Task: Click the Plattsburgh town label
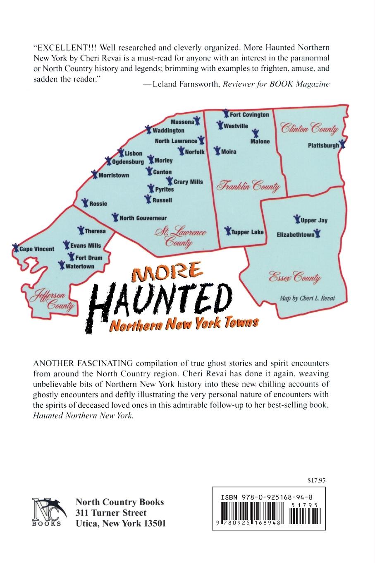(323, 145)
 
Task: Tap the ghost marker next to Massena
(197, 120)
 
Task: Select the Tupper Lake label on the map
(247, 232)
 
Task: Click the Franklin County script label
(248, 187)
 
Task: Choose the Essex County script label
(295, 277)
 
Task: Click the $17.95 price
(317, 481)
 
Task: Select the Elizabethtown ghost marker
(318, 234)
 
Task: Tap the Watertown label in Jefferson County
(80, 266)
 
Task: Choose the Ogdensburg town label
(128, 162)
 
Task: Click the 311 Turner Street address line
(111, 512)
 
